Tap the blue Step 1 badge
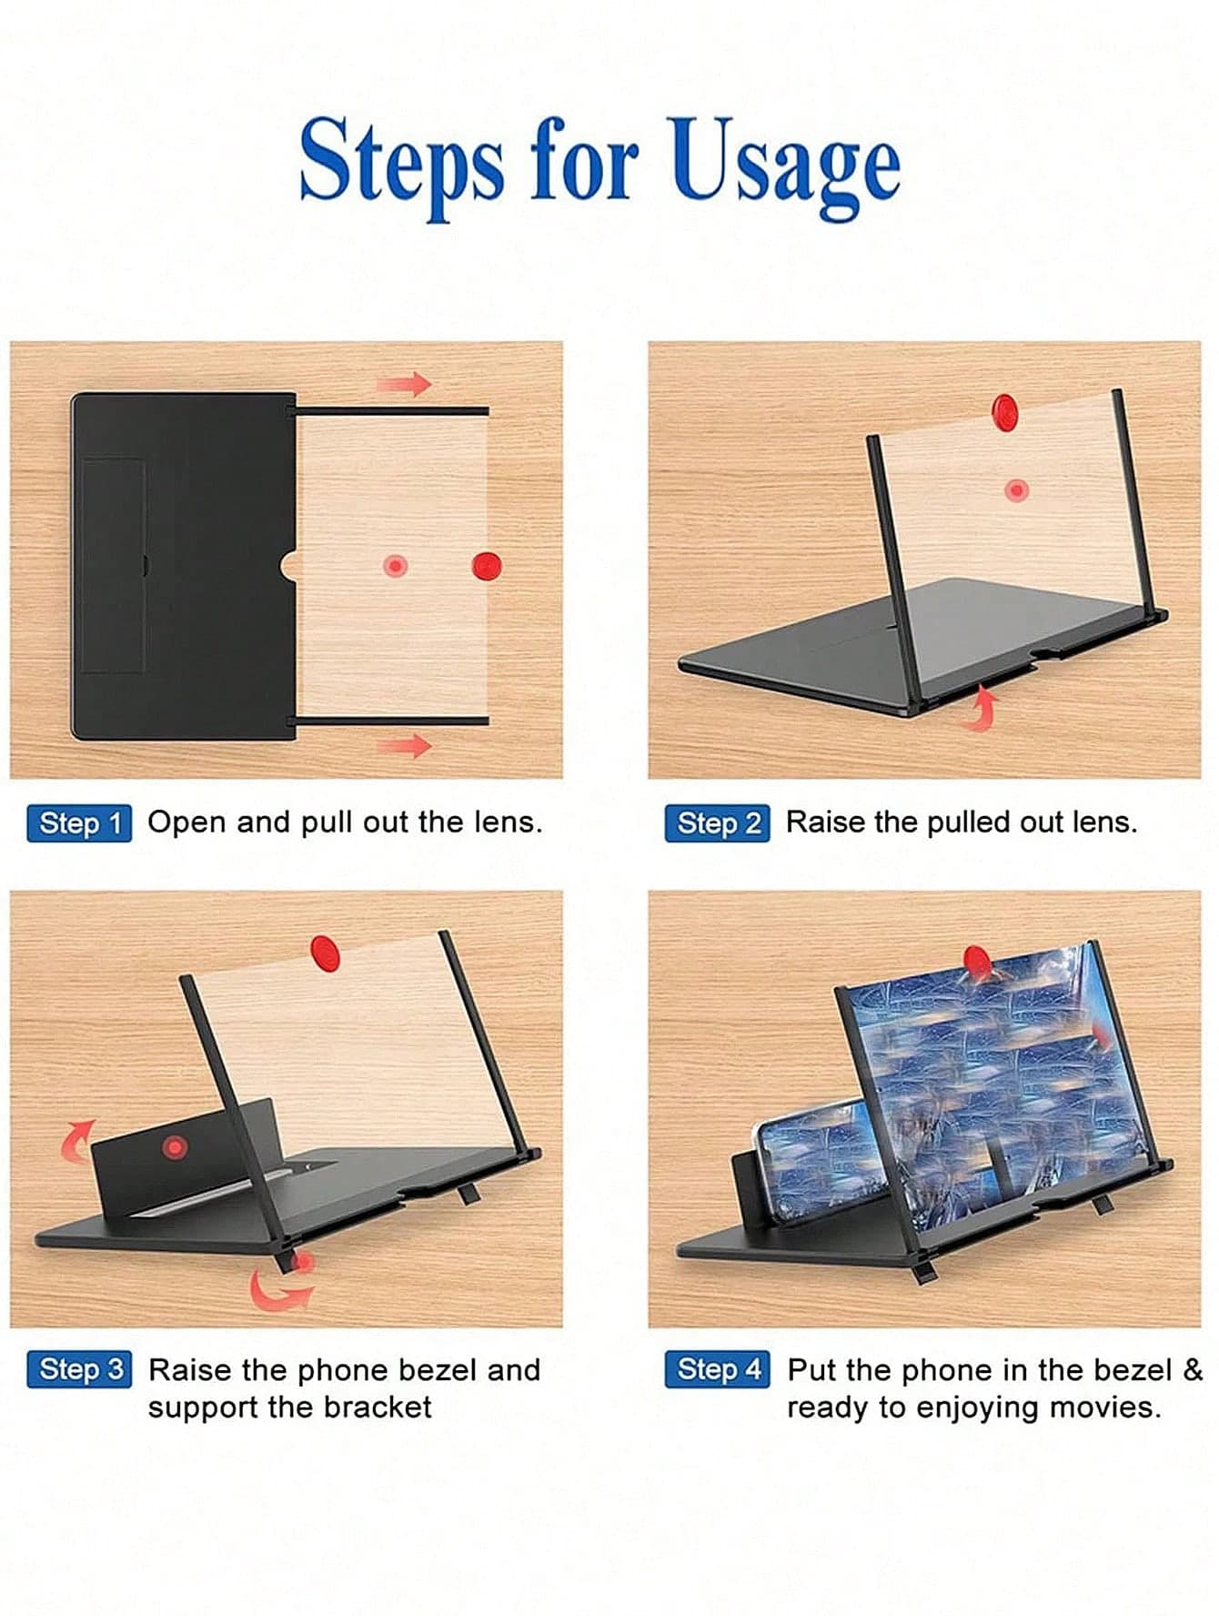tap(79, 823)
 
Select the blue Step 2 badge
tap(717, 823)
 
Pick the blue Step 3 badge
tap(79, 1369)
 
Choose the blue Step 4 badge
tap(717, 1369)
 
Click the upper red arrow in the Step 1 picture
tap(404, 383)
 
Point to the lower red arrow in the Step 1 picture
tap(404, 746)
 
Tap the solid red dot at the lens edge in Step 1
tap(487, 566)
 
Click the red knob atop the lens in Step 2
tap(1004, 412)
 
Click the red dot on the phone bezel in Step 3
tap(174, 1147)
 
